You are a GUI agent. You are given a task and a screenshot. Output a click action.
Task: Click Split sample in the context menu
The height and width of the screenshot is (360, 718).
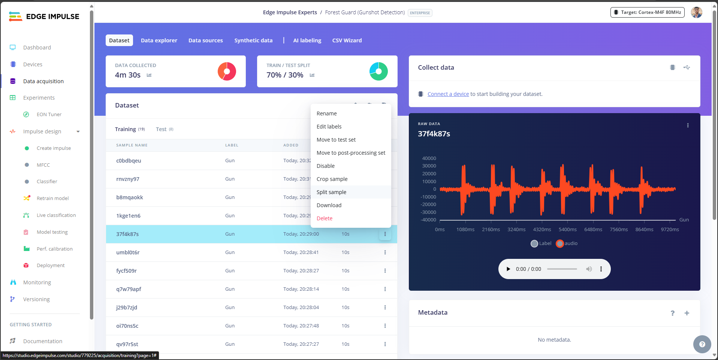[x=331, y=192]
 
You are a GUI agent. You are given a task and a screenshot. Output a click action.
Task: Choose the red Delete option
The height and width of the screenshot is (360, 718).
[x=325, y=218]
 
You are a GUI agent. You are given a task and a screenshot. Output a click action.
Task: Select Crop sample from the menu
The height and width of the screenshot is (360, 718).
[x=332, y=179]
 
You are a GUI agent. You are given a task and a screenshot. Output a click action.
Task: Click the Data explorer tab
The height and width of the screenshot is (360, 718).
[x=159, y=40]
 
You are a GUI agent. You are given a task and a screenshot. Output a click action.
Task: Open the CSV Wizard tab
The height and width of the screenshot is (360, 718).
[x=347, y=40]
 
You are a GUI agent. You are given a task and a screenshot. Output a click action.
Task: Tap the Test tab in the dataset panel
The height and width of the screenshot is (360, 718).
[x=161, y=129]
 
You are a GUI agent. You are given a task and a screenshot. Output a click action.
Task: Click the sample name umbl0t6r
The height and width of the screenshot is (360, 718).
[x=128, y=252]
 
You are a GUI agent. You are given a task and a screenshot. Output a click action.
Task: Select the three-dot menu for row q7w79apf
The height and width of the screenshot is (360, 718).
[x=385, y=289]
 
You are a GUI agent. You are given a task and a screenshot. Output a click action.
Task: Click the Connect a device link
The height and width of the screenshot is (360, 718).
[x=448, y=94]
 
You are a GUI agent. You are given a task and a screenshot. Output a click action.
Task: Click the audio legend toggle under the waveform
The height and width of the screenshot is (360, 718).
[x=560, y=243]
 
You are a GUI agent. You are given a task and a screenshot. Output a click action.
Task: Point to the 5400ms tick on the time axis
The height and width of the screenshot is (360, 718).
[x=568, y=230]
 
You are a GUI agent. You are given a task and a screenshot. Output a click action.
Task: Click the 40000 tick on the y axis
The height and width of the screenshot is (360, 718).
[x=429, y=158]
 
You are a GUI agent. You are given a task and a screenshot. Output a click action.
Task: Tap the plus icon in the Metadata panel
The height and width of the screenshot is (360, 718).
[x=687, y=313]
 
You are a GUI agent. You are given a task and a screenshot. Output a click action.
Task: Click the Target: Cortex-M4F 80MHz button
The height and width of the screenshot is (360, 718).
[x=647, y=12]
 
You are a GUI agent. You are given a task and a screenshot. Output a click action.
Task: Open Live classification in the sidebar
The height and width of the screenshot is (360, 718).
[x=56, y=215]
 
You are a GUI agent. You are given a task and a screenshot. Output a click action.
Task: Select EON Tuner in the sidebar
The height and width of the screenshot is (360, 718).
[x=49, y=115]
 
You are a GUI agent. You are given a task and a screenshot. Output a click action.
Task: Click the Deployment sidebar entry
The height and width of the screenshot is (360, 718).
[x=51, y=266]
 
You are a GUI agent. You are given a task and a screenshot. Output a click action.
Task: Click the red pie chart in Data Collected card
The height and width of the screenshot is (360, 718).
[x=227, y=71]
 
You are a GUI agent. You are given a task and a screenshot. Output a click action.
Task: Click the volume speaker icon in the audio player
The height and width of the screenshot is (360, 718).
[x=589, y=269]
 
